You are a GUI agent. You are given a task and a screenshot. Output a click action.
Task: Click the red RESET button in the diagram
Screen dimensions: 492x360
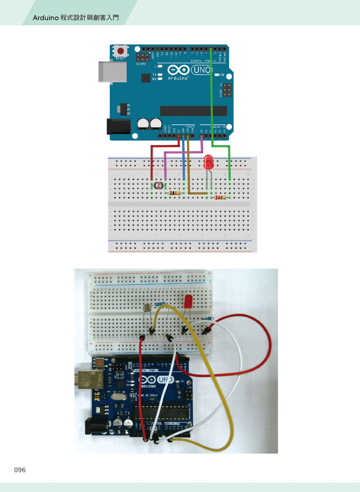coord(121,51)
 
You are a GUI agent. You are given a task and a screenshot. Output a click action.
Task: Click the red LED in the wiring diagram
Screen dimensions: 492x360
coord(208,162)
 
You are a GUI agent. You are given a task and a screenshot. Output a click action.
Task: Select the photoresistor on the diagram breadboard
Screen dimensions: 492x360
coord(158,186)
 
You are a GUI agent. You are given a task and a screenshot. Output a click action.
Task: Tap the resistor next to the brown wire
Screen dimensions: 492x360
coord(175,193)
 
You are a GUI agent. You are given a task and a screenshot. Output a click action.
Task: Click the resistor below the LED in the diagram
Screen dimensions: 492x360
coord(220,197)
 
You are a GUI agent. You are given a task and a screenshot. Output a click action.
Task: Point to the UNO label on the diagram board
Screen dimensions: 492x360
coord(202,69)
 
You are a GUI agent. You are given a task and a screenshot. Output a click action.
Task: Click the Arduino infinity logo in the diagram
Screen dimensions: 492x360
coord(178,69)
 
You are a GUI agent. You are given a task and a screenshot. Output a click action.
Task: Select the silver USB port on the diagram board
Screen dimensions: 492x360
coord(112,72)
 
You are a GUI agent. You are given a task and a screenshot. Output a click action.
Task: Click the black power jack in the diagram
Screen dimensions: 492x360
coord(119,127)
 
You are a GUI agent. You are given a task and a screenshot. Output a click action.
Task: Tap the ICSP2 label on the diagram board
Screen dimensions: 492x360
coord(141,64)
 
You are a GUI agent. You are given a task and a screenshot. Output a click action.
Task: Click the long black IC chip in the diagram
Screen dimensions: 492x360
coord(193,111)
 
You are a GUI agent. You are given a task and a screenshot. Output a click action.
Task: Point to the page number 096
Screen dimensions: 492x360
coord(20,470)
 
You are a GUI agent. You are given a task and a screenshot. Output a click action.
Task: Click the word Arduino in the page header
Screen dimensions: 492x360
coord(46,18)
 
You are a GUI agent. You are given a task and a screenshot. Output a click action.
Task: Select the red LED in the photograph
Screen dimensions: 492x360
coord(188,302)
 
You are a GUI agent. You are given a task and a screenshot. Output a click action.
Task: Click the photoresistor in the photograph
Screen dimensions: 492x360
coord(147,308)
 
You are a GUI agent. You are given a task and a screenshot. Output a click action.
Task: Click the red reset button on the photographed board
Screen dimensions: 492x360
coord(99,363)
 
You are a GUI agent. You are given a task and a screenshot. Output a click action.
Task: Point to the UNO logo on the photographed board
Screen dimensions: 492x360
coord(165,380)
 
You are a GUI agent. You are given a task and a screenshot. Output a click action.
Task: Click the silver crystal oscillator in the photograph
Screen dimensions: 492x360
coord(118,397)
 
